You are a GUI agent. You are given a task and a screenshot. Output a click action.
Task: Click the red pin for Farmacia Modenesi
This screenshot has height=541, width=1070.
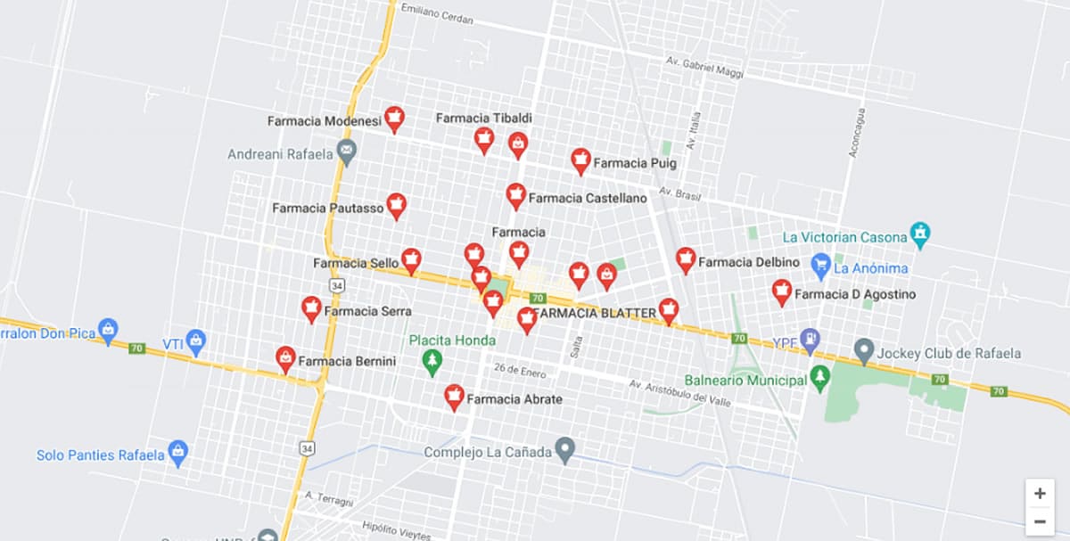[x=394, y=119]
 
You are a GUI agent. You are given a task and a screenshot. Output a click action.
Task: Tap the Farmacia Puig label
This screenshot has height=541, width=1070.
[x=635, y=163]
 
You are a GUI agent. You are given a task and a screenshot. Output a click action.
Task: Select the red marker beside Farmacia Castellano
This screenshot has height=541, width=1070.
[x=515, y=195]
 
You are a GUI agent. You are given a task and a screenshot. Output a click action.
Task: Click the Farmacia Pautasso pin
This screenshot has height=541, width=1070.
[x=396, y=206]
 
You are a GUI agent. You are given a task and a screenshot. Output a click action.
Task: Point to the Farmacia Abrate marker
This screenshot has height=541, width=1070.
[x=454, y=397]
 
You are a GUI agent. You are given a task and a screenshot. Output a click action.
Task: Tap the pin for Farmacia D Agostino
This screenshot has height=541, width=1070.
[x=782, y=291]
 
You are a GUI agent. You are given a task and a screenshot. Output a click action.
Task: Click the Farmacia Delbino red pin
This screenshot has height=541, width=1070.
[x=685, y=259]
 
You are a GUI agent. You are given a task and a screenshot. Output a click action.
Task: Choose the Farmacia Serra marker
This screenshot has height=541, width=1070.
[x=311, y=308]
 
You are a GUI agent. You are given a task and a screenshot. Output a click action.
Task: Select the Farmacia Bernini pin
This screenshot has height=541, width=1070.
[x=285, y=359]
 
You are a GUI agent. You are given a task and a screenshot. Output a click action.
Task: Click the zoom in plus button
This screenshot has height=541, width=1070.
[x=1040, y=493]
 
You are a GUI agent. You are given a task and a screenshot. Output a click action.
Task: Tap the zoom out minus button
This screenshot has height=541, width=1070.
[x=1040, y=521]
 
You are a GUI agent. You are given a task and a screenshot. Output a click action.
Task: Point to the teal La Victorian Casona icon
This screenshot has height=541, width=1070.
[x=920, y=235]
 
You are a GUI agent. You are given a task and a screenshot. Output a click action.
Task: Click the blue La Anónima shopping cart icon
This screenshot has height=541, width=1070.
[x=821, y=265]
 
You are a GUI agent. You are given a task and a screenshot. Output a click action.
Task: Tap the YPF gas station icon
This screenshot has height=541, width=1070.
[x=810, y=339]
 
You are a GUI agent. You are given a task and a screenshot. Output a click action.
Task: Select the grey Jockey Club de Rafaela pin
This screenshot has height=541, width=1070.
[x=863, y=350]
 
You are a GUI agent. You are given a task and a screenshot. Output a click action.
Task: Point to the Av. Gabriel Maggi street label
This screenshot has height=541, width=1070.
[x=704, y=67]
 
